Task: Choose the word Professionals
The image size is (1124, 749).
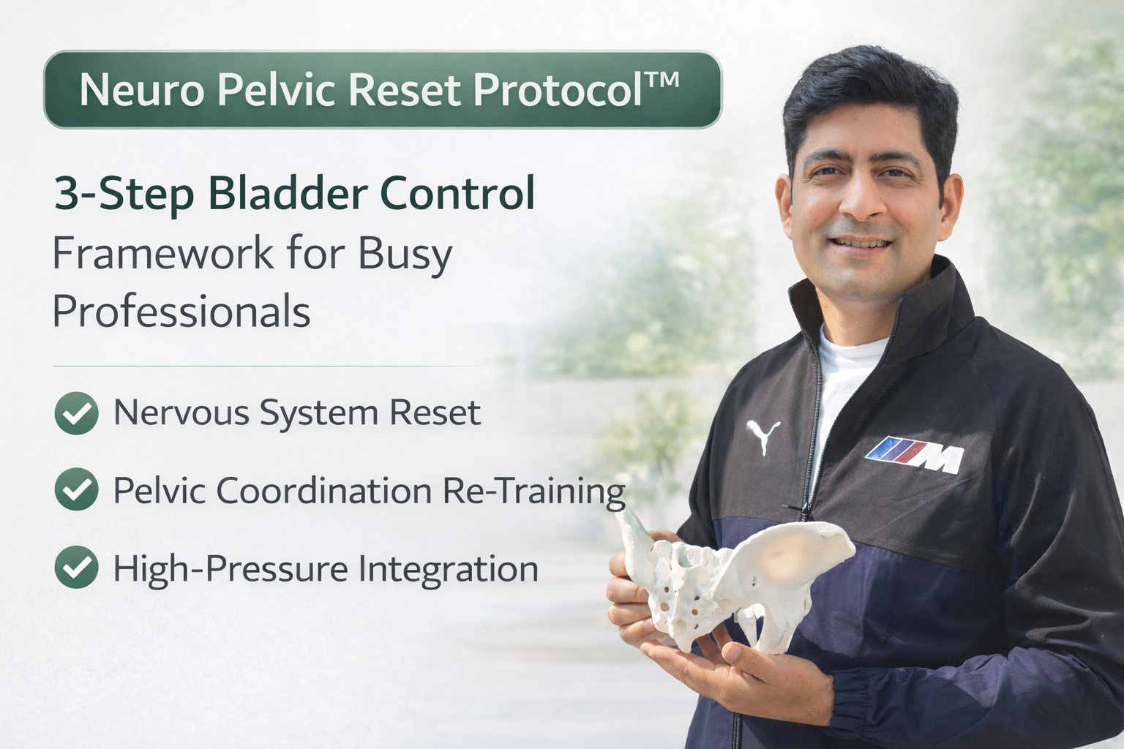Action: coord(181,312)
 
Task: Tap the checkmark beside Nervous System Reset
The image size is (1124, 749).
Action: coord(76,413)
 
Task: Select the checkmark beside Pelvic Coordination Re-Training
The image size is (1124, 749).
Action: coord(76,490)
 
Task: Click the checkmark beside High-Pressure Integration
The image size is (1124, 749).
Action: coord(76,568)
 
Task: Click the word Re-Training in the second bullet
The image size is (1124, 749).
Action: coord(533,491)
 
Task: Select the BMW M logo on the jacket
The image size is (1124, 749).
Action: coord(915,454)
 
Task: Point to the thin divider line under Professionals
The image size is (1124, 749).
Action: coord(271,365)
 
